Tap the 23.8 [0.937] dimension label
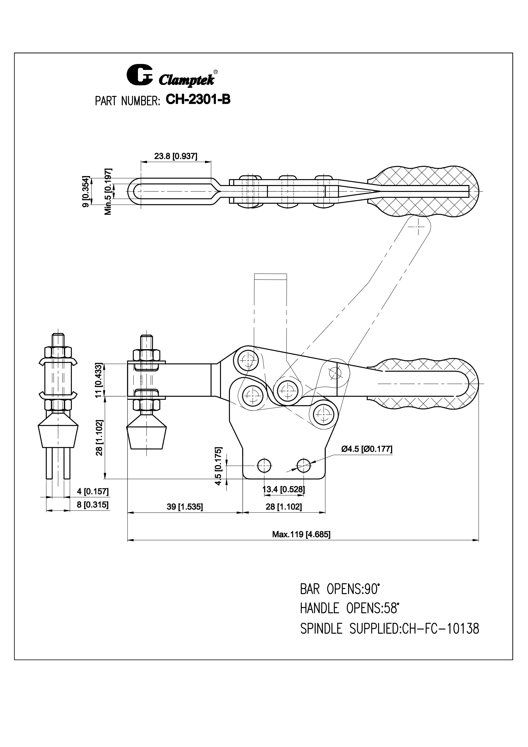(x=176, y=156)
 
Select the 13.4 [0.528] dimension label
(x=284, y=489)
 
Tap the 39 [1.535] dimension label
(x=185, y=507)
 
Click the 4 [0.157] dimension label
(x=93, y=491)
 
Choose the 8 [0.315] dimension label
(x=93, y=505)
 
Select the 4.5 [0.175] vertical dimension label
(x=219, y=466)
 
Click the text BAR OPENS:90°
(x=340, y=589)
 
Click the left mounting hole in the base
(x=264, y=466)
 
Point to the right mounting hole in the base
(x=304, y=466)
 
